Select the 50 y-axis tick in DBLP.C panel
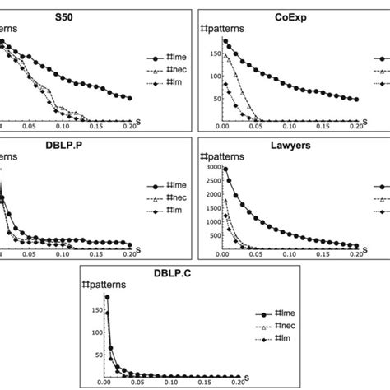92,353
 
